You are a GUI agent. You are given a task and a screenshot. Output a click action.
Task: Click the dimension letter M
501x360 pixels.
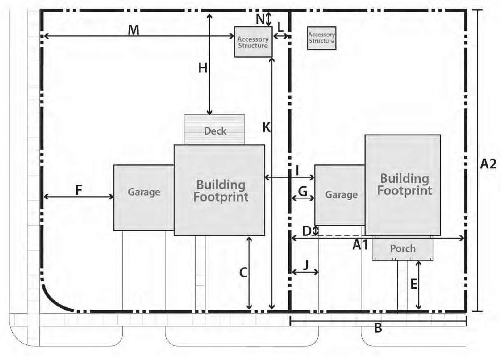[x=133, y=30]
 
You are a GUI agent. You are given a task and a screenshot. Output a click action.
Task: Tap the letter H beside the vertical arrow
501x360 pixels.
[x=203, y=68]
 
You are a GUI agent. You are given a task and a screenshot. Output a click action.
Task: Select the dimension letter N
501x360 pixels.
[x=260, y=19]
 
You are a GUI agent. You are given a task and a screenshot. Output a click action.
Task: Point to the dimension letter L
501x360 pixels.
[x=280, y=28]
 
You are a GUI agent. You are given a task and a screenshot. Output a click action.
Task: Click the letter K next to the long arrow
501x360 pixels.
[x=266, y=128]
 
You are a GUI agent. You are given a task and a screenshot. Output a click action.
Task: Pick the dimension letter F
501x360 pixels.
[x=78, y=190]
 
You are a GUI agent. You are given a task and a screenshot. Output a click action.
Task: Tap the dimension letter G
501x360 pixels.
[x=303, y=192]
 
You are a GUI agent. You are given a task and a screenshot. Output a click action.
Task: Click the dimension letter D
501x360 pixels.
[x=307, y=231]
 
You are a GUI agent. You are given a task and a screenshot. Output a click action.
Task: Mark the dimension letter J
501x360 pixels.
[x=306, y=265]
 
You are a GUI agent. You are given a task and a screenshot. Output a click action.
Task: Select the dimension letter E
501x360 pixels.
[x=414, y=285]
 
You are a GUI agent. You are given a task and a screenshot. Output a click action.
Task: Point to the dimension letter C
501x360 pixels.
[x=243, y=273]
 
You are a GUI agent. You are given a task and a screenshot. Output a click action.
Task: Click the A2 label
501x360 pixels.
[x=488, y=164]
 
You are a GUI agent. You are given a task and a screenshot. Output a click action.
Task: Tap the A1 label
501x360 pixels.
[x=361, y=245]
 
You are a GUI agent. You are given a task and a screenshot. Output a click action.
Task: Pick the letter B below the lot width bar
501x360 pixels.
[x=378, y=328]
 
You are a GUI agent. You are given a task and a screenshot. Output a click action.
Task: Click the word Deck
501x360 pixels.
[x=215, y=131]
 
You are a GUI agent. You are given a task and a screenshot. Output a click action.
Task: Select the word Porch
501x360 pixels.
[x=403, y=248]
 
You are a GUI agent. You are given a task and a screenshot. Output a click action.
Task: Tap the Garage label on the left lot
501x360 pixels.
[x=144, y=192]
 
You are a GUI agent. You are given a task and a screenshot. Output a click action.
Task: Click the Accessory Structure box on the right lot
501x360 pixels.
[x=322, y=38]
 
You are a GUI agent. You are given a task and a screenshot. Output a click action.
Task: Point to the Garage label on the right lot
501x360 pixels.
[x=341, y=195]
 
